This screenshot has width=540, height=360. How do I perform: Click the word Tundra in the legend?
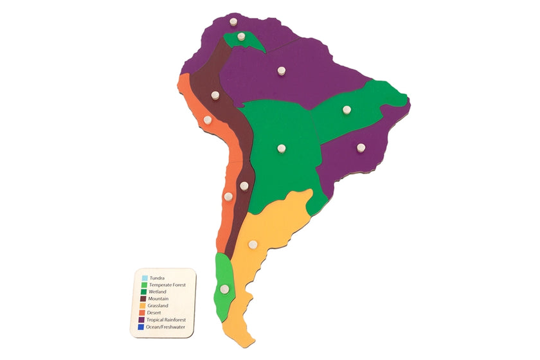point(156,278)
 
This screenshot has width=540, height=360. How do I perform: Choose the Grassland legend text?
point(160,306)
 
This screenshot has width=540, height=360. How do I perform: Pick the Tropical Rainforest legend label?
point(170,320)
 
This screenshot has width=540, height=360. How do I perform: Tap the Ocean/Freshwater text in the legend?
point(168,327)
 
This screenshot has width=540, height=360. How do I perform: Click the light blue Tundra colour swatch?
point(145,278)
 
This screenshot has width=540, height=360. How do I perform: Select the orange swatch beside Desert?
point(145,313)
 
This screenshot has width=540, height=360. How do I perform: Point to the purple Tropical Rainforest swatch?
point(145,320)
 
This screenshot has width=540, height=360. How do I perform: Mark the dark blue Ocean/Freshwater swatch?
point(145,327)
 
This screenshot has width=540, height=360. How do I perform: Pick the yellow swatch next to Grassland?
point(145,306)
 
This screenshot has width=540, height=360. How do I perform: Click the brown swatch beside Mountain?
point(145,299)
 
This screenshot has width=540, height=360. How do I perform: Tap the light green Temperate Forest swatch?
point(145,285)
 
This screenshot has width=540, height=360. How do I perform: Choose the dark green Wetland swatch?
point(145,292)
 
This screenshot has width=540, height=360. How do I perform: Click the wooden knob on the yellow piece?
point(253,244)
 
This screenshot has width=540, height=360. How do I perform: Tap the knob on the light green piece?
point(224,289)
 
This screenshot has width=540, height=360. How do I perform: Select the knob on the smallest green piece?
point(240,37)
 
